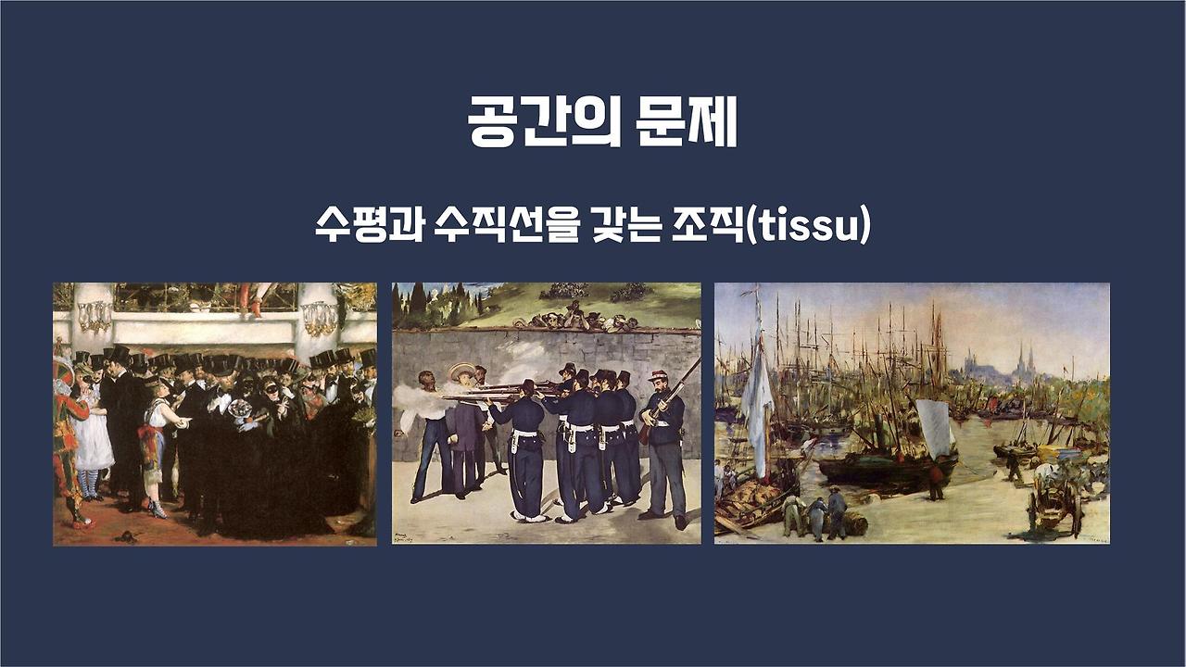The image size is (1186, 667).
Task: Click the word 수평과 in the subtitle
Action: click(367, 226)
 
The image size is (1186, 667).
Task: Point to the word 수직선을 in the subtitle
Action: click(499, 226)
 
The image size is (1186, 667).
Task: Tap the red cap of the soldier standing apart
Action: click(660, 375)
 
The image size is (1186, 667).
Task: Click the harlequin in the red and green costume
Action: click(67, 435)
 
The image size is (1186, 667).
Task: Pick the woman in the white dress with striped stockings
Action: click(94, 435)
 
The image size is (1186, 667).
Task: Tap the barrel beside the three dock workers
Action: click(857, 524)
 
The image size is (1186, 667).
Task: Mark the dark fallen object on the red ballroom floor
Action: click(124, 536)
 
